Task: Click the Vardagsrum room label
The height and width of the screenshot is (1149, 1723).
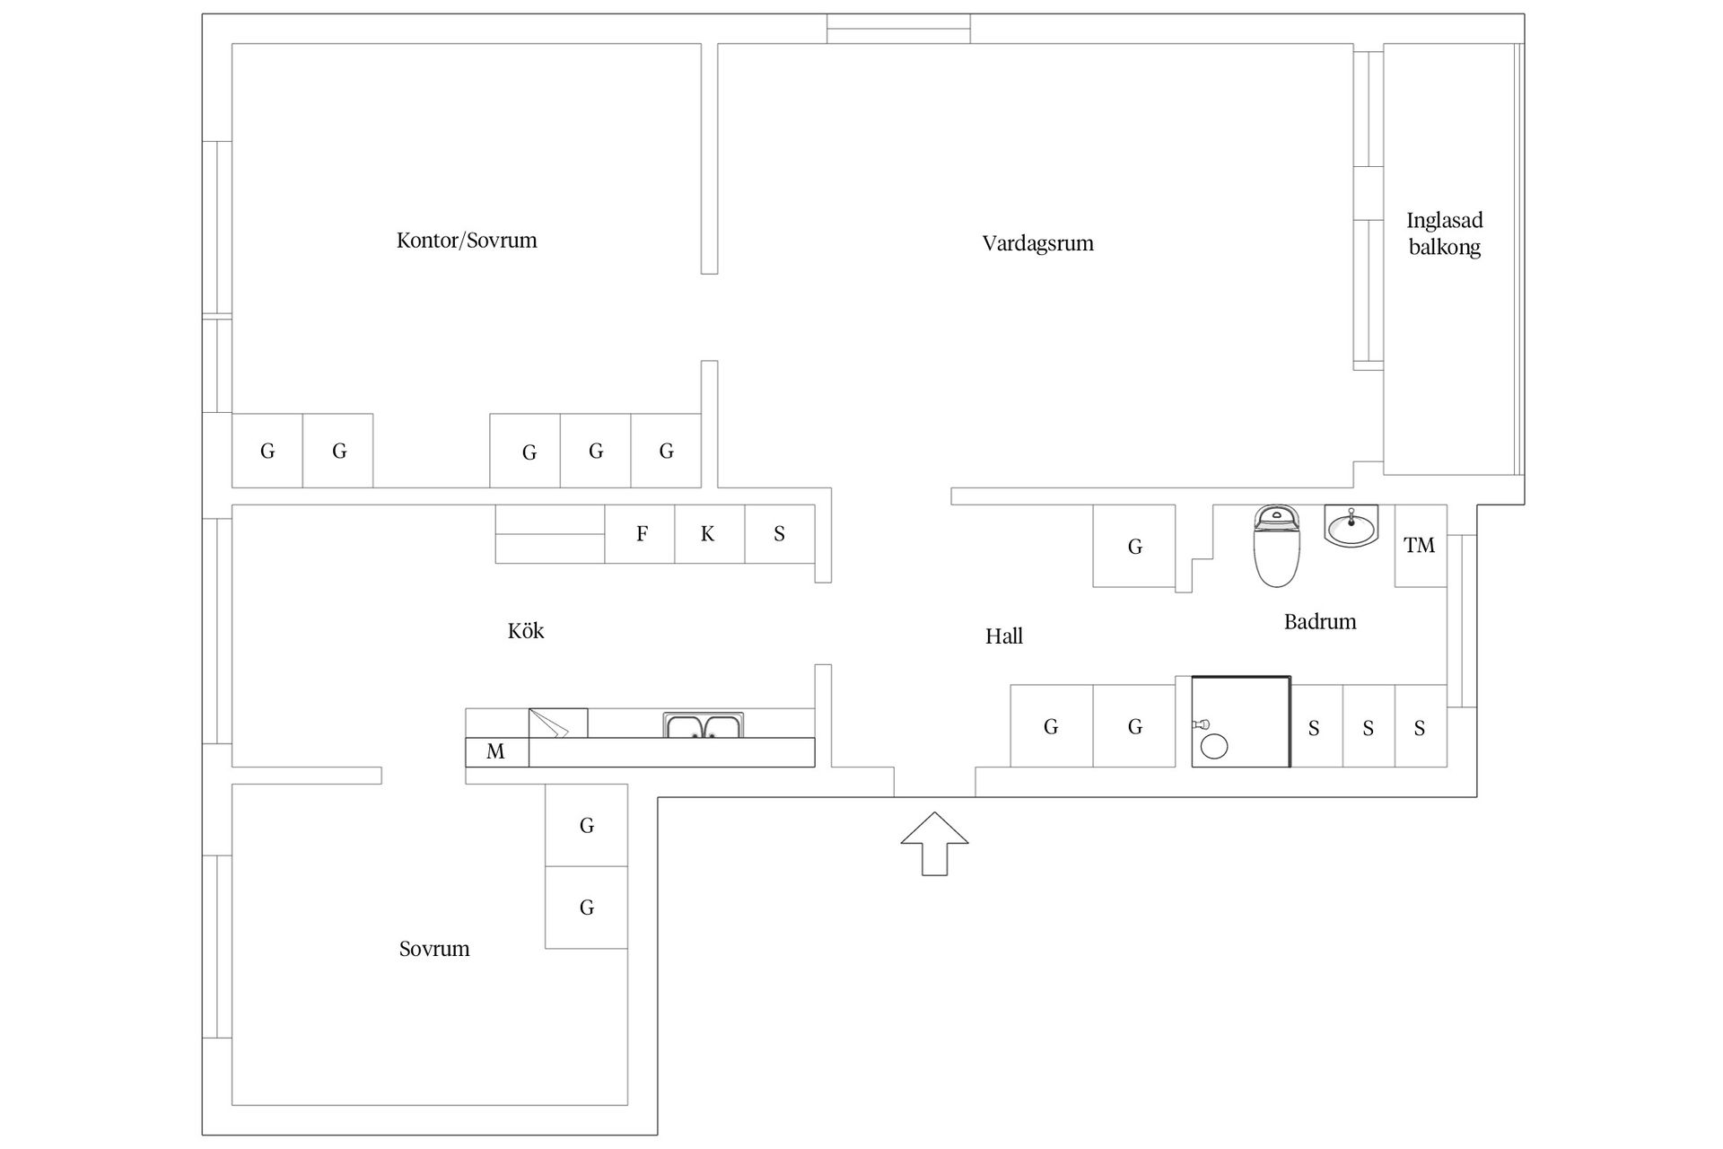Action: (1037, 243)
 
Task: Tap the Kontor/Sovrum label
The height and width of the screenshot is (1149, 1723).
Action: (467, 241)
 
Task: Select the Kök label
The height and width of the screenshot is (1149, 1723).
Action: (526, 630)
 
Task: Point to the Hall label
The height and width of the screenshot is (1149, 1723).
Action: (1004, 636)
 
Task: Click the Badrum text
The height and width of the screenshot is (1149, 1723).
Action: (1320, 621)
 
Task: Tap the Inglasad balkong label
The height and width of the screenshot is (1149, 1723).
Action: (1445, 233)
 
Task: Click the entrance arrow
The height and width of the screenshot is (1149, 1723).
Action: (935, 844)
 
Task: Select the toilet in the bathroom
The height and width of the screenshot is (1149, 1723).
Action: (1275, 546)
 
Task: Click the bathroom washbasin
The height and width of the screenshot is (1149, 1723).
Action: (1351, 526)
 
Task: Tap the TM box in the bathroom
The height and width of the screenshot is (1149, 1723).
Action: (1421, 546)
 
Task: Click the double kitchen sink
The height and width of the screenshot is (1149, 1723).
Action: (704, 725)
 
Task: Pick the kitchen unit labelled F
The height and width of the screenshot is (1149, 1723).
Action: (640, 534)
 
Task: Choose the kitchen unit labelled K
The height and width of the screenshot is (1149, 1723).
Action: (710, 534)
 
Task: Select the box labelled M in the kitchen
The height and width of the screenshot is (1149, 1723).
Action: (497, 752)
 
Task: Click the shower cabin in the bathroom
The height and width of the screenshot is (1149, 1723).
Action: (1241, 722)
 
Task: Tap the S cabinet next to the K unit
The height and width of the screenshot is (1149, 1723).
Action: (780, 534)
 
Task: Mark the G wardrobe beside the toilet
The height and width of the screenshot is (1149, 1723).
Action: (1134, 546)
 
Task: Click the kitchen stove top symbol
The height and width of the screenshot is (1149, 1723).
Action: (558, 724)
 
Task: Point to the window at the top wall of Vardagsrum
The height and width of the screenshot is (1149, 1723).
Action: (898, 29)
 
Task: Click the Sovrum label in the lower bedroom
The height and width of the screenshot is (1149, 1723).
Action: (434, 949)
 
